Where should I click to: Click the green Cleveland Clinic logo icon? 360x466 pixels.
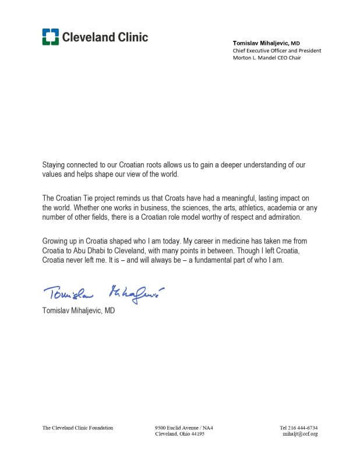click(50, 37)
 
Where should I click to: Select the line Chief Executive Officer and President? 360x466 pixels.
click(277, 51)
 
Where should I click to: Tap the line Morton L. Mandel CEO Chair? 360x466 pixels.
click(269, 58)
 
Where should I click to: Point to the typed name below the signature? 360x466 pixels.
click(79, 310)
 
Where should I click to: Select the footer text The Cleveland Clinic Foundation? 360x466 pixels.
click(77, 428)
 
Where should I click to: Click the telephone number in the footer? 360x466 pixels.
click(299, 428)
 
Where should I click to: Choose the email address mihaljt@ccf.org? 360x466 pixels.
click(300, 435)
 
